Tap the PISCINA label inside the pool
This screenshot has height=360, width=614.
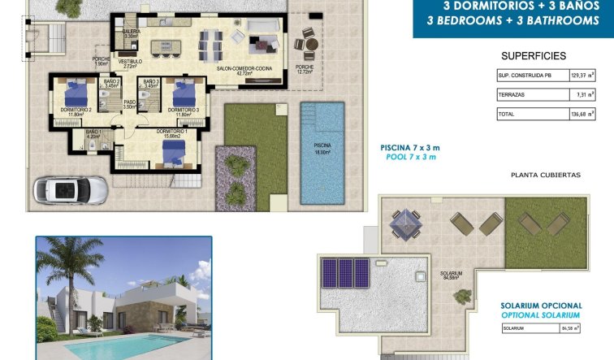click(322, 145)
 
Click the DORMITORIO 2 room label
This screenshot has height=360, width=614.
click(76, 110)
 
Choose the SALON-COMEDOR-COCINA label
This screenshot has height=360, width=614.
click(243, 68)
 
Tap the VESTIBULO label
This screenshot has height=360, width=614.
click(130, 62)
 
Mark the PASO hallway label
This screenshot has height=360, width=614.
click(129, 102)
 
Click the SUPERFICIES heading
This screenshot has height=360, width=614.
click(534, 56)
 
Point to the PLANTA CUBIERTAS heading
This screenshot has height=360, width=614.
click(546, 175)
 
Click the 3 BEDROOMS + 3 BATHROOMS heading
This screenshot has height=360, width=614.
click(512, 20)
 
